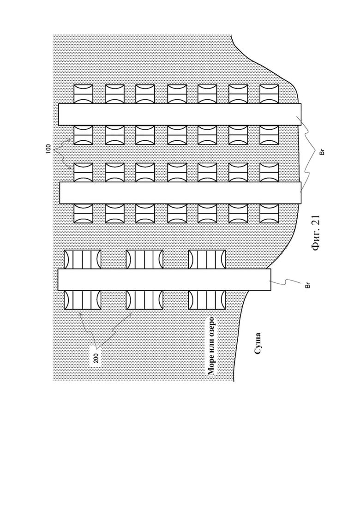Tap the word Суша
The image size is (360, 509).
[258, 343]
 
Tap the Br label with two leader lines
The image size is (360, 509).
[322, 152]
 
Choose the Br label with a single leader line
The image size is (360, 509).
[308, 285]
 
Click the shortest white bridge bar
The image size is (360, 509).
[164, 280]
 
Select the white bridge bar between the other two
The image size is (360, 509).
[180, 193]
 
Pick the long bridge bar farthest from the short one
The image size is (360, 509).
[180, 114]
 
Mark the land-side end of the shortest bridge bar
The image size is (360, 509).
[271, 280]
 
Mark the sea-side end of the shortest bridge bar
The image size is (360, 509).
[58, 280]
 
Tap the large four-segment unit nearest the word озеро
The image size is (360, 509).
[207, 300]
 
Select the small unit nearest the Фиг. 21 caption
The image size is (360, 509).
[270, 213]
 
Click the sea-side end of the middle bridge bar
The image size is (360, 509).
[60, 193]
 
